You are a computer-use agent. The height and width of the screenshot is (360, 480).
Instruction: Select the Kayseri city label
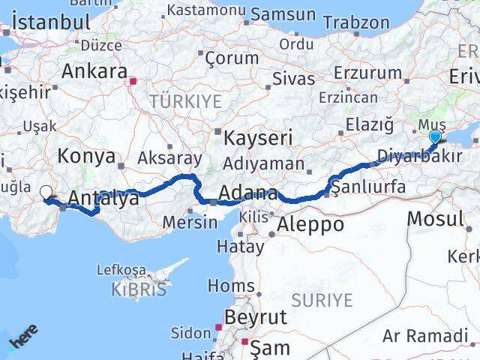(259, 138)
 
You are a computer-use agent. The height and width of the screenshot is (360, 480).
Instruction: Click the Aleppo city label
(310, 223)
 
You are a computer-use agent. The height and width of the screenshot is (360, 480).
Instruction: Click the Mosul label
(435, 219)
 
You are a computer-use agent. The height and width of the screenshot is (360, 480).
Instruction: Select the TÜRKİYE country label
(185, 101)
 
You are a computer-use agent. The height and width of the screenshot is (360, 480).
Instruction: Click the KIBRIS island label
(140, 289)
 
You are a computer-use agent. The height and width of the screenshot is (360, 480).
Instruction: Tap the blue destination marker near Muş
(435, 136)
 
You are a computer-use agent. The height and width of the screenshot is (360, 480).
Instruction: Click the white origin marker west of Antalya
(46, 193)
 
